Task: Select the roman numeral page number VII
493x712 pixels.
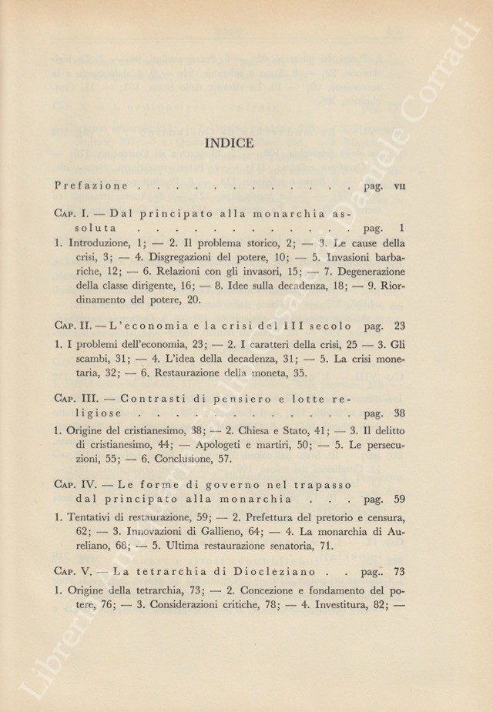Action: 400,186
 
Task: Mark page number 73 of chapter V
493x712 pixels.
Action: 398,572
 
